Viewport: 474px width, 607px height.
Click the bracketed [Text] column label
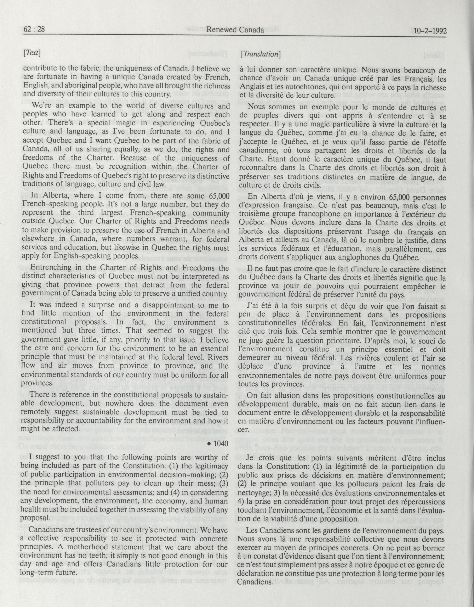(32, 53)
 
